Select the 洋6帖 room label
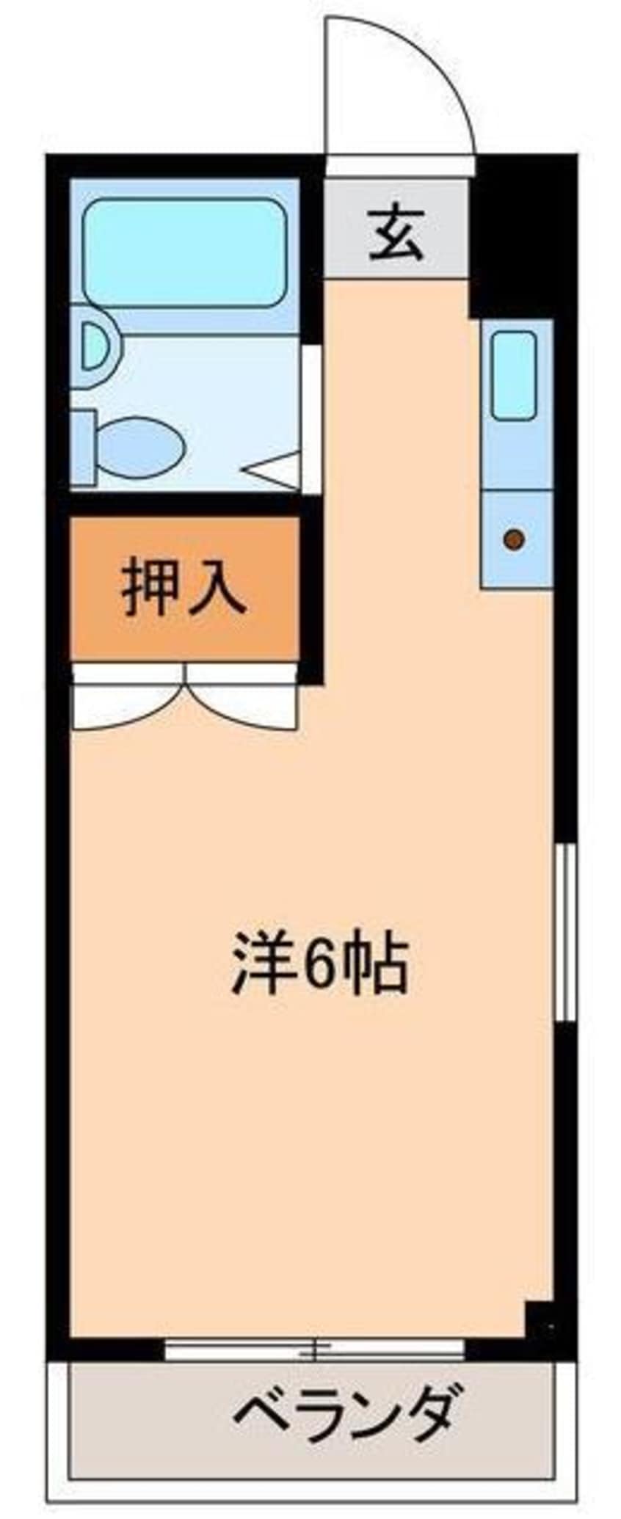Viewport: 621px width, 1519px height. [319, 964]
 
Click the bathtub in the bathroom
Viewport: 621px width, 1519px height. [184, 252]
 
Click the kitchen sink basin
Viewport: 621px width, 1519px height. [514, 375]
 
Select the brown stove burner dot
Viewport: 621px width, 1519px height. [515, 539]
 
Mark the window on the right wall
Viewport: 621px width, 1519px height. [564, 932]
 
